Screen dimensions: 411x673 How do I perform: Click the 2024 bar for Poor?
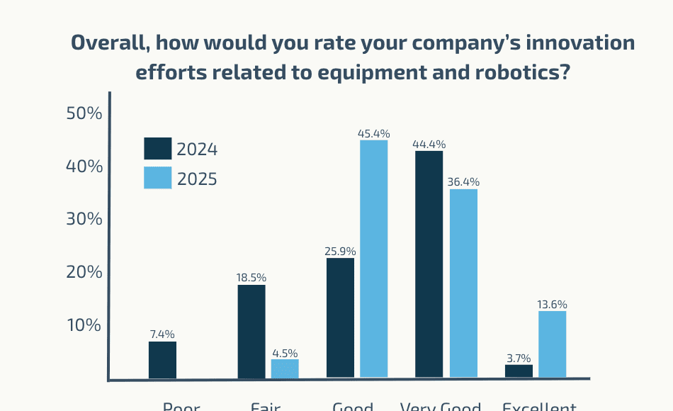162,360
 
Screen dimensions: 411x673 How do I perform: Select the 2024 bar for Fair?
251,332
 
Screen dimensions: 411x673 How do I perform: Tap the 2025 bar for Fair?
285,368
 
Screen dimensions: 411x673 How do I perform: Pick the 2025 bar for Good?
374,259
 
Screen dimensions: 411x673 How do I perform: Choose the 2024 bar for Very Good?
429,264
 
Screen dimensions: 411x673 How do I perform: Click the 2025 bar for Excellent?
553,344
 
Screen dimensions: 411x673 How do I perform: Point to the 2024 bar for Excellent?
519,371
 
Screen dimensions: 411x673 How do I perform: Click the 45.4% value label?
374,133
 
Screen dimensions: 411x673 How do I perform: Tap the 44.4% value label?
429,144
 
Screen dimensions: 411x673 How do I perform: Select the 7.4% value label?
162,334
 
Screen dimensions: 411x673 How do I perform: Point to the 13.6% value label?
553,305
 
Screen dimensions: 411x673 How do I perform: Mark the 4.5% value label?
285,353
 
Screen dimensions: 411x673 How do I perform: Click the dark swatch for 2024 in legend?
158,149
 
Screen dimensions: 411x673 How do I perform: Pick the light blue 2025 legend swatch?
158,178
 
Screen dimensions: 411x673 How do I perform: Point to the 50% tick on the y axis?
84,113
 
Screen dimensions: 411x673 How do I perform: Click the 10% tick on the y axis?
84,325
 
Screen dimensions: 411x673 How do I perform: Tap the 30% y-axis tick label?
84,219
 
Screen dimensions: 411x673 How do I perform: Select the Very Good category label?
440,407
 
